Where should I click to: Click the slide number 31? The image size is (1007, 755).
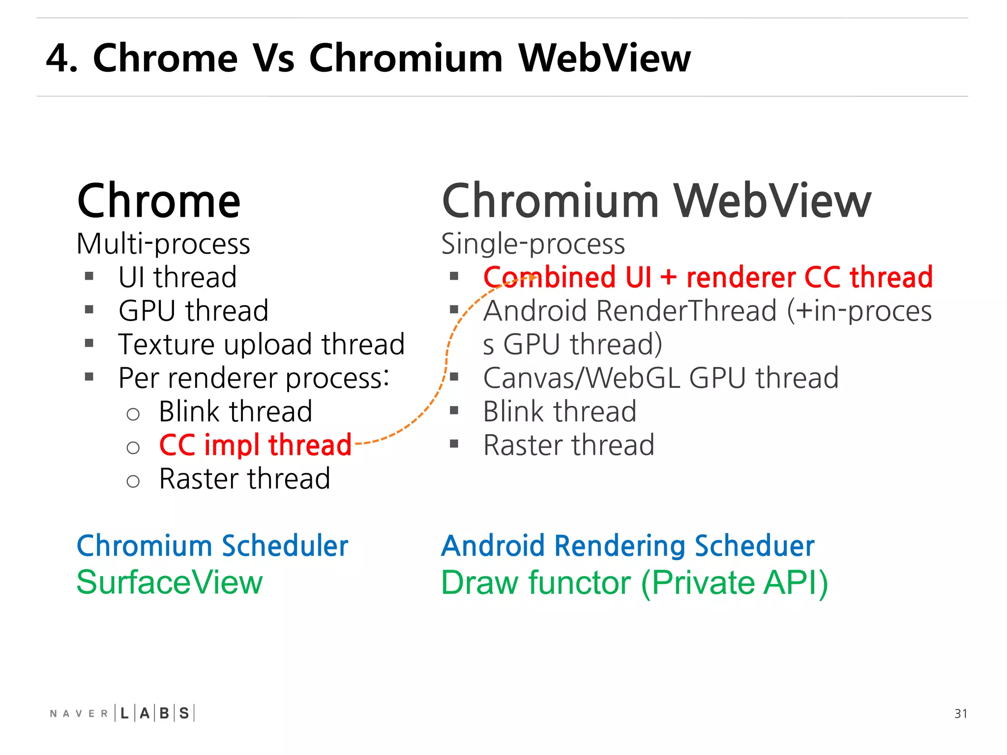960,713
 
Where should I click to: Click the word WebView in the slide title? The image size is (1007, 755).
604,58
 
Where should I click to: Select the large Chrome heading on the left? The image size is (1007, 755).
159,201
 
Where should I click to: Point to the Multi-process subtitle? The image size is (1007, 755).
163,244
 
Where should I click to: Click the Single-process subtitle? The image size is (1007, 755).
533,244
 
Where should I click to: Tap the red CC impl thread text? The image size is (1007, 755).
255,445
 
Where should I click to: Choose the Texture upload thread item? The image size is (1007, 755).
262,344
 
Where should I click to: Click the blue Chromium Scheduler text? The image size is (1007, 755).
212,546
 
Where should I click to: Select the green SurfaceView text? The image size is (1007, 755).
170,582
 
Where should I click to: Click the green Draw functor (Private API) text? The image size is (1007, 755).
634,583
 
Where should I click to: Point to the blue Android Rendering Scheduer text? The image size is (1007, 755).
627,546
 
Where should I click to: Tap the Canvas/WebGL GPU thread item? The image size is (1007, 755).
660,378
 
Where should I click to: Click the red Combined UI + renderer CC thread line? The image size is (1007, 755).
708,277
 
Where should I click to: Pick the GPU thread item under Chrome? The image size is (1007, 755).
193,311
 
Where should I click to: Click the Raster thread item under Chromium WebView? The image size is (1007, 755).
568,445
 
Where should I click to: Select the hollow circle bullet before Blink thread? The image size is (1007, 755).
133,414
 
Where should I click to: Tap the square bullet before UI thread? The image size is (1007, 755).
89,276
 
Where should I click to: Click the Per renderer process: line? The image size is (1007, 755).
254,378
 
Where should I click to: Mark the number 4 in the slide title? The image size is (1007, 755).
58,58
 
